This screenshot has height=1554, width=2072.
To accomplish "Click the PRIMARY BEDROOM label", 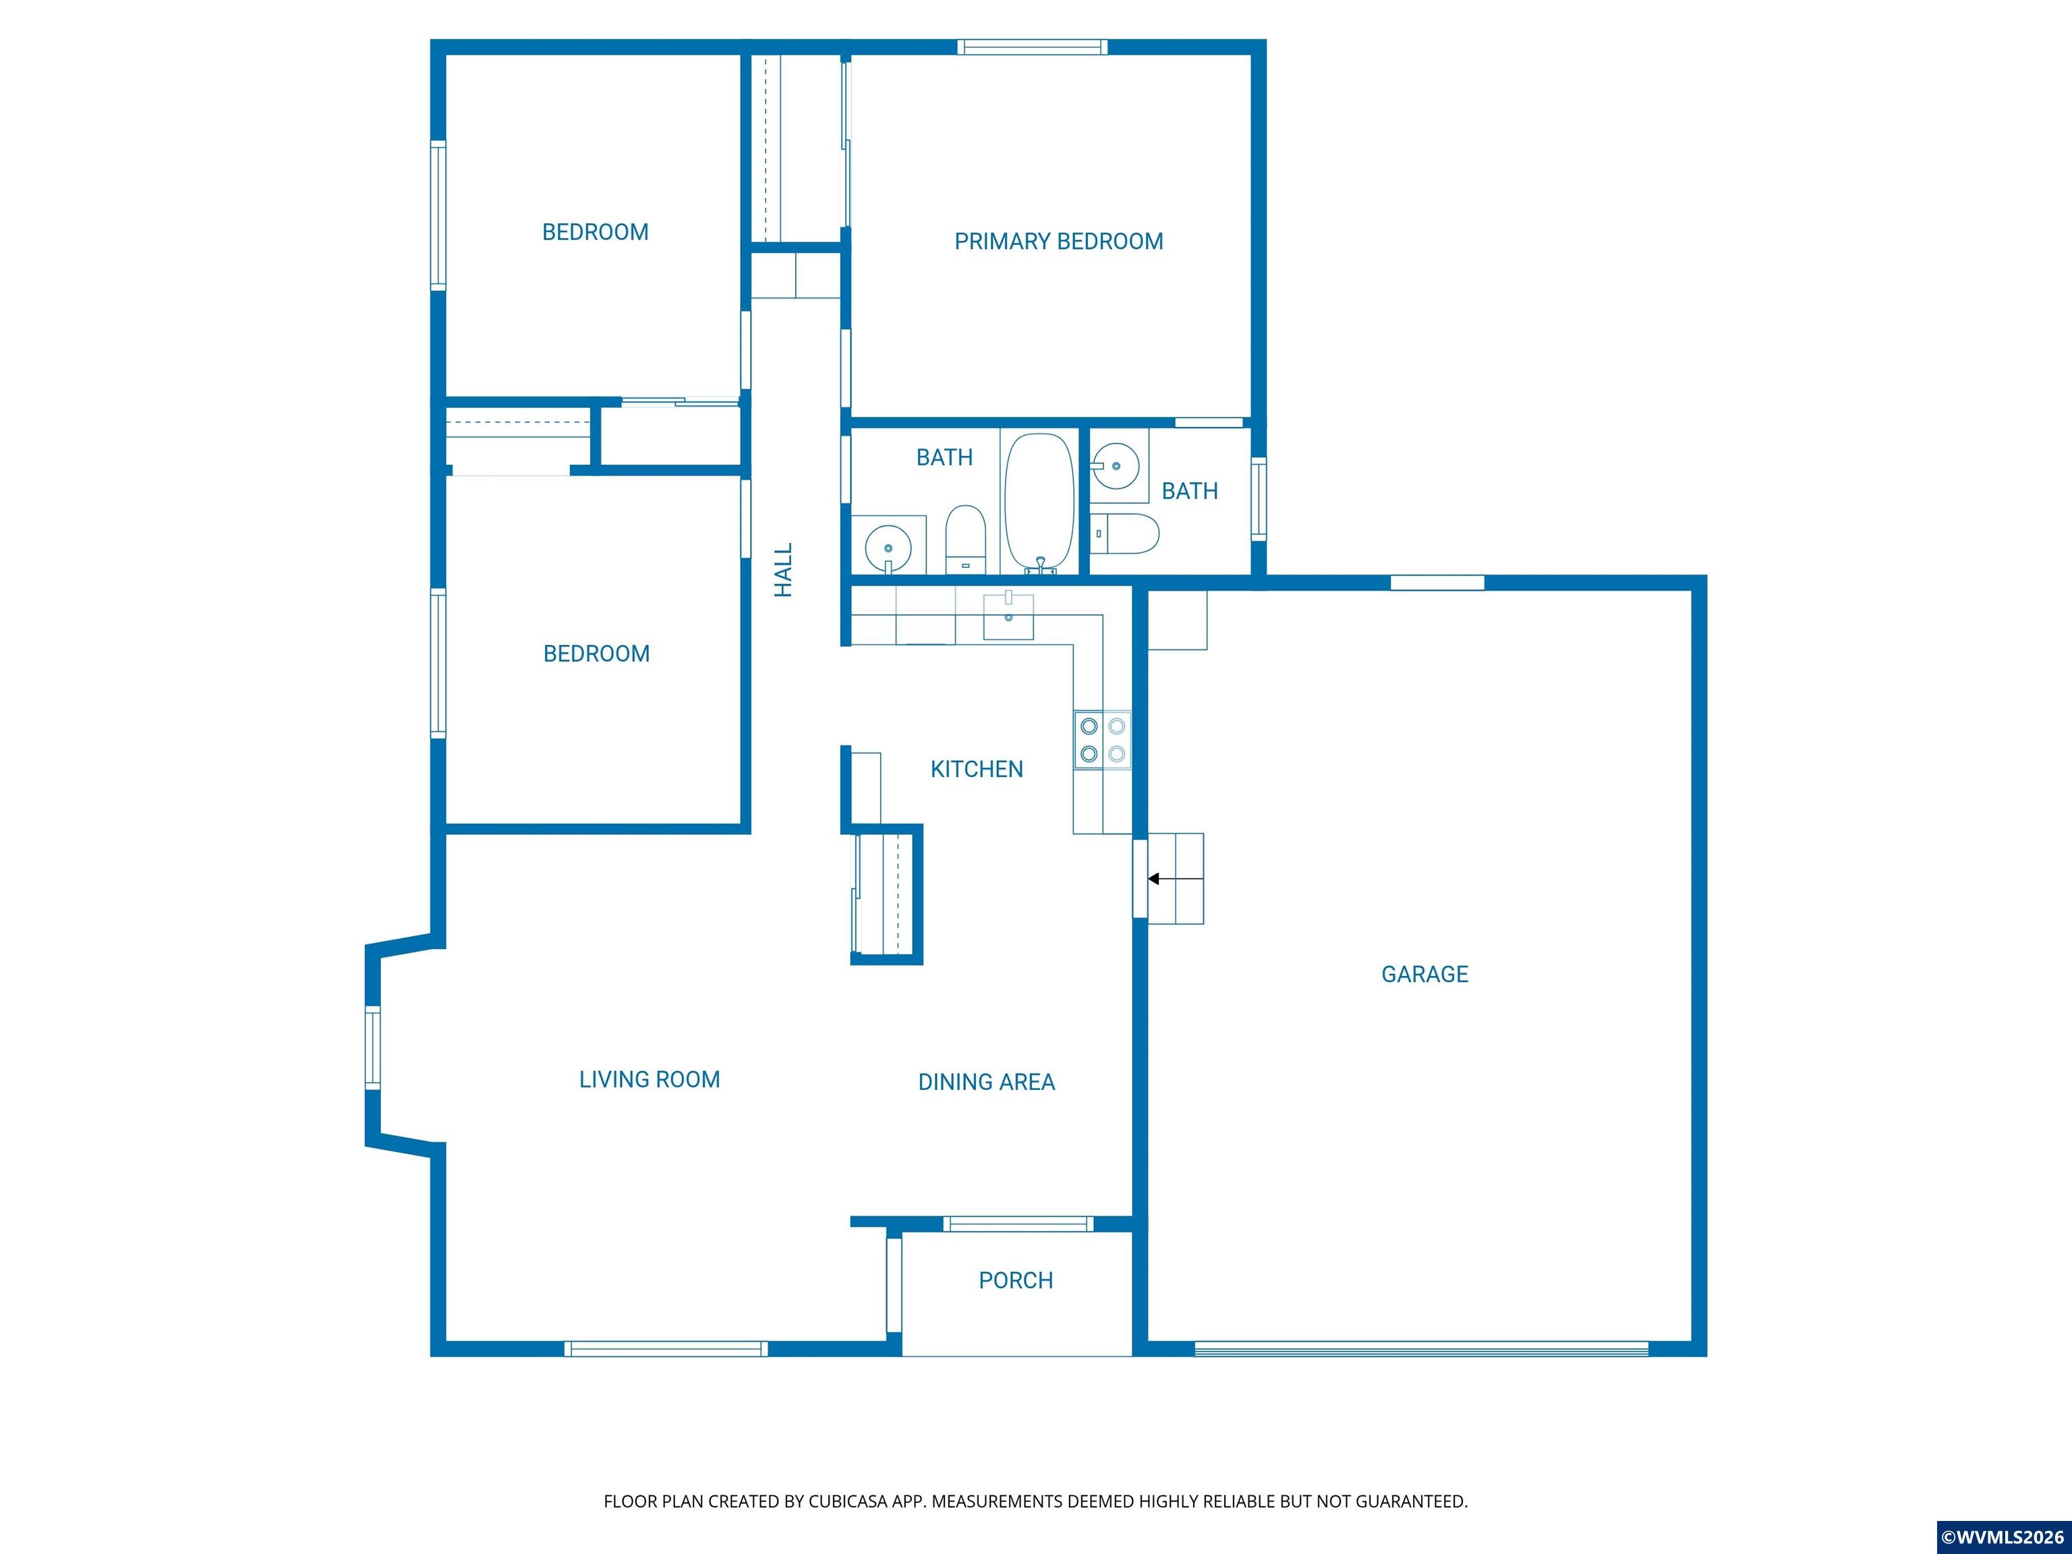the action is click(x=1058, y=241).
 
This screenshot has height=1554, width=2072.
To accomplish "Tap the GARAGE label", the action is click(x=1424, y=974).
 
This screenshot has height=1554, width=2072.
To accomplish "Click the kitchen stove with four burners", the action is click(x=1103, y=740).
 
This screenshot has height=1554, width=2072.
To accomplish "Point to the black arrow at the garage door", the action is click(x=1176, y=879).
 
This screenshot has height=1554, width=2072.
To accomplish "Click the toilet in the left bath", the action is click(x=966, y=540).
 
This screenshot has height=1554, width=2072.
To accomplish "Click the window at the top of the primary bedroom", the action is click(x=1032, y=47).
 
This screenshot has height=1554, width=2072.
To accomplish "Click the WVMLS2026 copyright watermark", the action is click(x=2004, y=1537).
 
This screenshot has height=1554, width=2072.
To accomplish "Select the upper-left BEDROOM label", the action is click(x=595, y=232).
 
